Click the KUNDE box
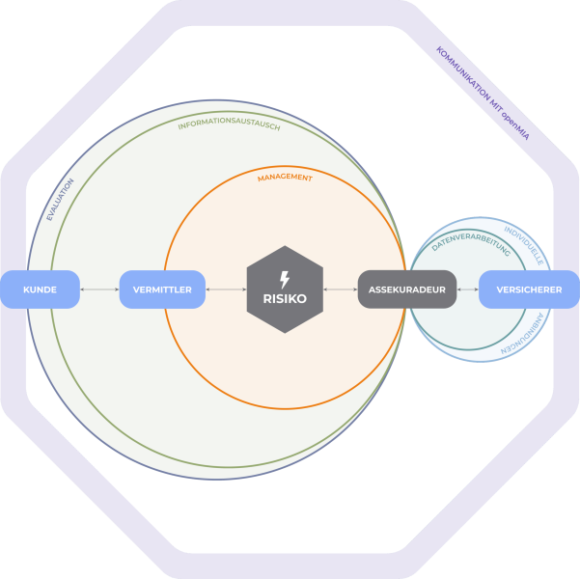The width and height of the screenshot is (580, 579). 40,289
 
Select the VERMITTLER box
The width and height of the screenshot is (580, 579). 162,289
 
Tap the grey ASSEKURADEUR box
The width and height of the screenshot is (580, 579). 406,289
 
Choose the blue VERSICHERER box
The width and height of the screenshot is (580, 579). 529,289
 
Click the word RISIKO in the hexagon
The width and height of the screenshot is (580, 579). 285,299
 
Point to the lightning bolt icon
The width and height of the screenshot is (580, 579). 284,280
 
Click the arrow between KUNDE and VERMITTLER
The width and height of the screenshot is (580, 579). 99,289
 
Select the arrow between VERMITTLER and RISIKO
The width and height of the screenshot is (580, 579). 226,289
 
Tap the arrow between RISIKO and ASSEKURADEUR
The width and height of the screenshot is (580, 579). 341,289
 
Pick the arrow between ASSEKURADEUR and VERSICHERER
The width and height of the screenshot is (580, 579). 468,289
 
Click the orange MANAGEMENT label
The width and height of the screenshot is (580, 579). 285,178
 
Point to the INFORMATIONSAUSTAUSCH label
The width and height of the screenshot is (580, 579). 229,125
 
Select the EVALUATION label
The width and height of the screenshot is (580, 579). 60,199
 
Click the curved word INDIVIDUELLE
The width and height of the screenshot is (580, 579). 526,246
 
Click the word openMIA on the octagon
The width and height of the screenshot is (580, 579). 515,124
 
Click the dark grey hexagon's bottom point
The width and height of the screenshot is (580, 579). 285,333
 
